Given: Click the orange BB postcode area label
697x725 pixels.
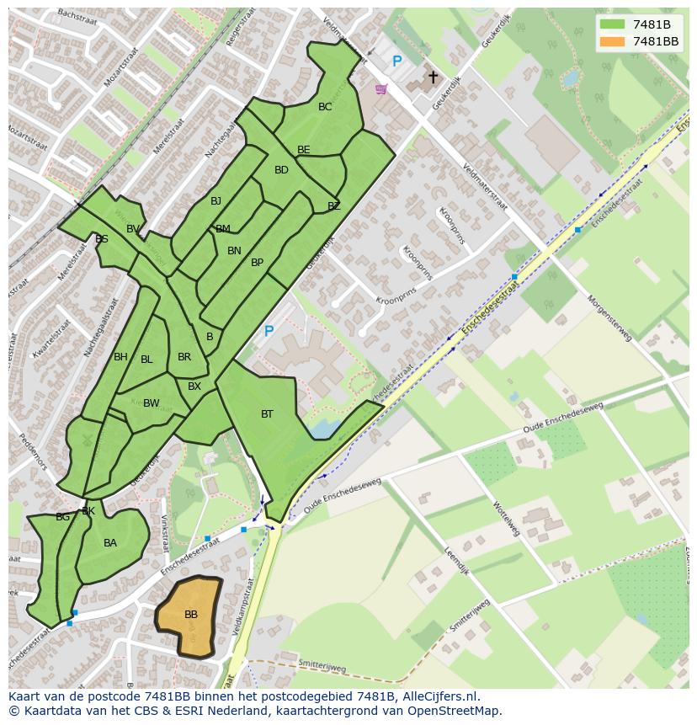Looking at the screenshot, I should point(191,615).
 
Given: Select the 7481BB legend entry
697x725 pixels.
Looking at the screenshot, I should point(655,41).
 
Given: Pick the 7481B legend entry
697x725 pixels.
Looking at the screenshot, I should point(652,24).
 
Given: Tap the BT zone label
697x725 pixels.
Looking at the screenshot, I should point(267,413).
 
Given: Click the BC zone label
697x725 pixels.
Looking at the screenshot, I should point(325,107).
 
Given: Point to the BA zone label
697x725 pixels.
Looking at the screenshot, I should point(110,543).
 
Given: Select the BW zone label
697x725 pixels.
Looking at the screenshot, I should point(151,403).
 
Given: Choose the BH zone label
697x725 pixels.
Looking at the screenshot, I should point(120,357).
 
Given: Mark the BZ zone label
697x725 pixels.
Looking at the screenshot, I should point(334,205).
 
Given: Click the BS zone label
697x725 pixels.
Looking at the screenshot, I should point(102,239).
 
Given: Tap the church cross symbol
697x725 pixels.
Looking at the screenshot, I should point(433,77).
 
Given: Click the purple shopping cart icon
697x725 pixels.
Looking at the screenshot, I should point(381,88).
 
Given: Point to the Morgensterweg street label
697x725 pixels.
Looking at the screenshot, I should point(609,317).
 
